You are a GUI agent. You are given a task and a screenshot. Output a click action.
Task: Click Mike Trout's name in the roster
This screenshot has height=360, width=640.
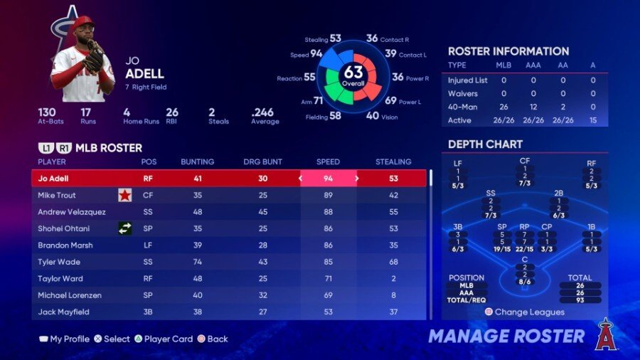[57, 196]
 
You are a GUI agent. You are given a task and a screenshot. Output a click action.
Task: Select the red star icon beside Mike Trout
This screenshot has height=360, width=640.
[125, 195]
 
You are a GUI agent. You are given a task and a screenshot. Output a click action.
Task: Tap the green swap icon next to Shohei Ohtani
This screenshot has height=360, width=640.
[125, 228]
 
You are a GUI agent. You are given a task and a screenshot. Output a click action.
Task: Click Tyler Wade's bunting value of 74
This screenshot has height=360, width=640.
[197, 262]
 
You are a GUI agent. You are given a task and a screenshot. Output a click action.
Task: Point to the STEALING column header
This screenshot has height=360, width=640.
[393, 162]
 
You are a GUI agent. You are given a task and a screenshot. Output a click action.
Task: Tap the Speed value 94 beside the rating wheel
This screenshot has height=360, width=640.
[316, 53]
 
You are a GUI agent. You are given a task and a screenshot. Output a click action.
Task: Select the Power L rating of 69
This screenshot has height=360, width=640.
[391, 100]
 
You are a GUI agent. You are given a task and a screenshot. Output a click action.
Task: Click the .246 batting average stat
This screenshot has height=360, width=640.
[262, 112]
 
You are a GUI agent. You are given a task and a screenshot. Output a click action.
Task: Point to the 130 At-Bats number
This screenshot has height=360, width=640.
[47, 112]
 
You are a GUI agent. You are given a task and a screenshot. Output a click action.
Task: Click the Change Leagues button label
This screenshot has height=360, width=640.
[530, 312]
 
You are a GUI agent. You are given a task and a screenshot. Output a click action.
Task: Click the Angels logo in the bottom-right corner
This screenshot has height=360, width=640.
[604, 334]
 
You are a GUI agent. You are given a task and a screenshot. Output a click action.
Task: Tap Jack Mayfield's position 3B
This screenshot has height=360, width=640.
[149, 312]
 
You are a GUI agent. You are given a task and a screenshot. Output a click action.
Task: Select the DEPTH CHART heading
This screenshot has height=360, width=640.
[485, 144]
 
